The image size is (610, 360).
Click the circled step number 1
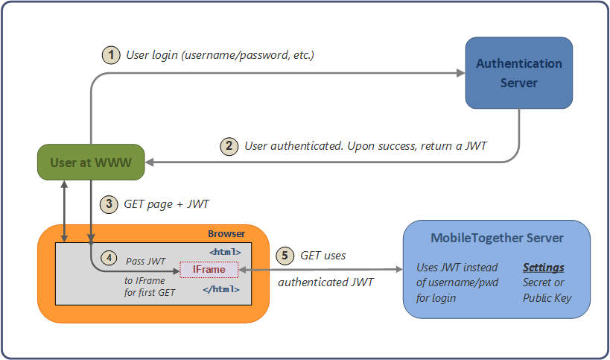110,54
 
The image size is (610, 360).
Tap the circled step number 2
229,146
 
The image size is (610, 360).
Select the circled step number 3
109,203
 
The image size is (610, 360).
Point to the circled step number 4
109,258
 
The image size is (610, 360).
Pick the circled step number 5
285,255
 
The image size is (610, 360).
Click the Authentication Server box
518,72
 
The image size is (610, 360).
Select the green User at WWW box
91,162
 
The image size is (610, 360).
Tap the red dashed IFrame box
209,269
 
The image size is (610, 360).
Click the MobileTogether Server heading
497,239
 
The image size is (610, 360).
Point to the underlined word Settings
543,268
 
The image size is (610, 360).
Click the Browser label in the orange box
226,234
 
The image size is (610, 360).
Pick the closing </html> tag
223,288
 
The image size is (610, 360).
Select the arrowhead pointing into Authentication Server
460,73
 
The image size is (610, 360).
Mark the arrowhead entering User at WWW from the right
149,162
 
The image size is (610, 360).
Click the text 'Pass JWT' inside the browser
146,262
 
